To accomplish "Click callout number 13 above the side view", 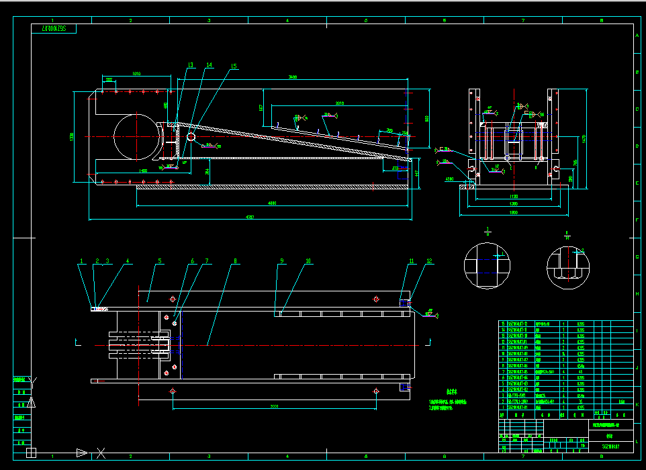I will (x=190, y=65).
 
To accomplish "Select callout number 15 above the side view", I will (x=233, y=66).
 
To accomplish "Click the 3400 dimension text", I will (x=293, y=78).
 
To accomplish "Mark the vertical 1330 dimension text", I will (x=71, y=137).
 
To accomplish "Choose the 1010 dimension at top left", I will (x=136, y=73).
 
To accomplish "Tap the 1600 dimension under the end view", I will (x=513, y=213).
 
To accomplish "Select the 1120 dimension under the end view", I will (x=513, y=197).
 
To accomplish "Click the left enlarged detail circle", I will (x=488, y=265).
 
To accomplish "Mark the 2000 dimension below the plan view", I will (x=273, y=406).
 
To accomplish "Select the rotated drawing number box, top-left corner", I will (x=54, y=29).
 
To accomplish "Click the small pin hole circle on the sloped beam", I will (x=191, y=137).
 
